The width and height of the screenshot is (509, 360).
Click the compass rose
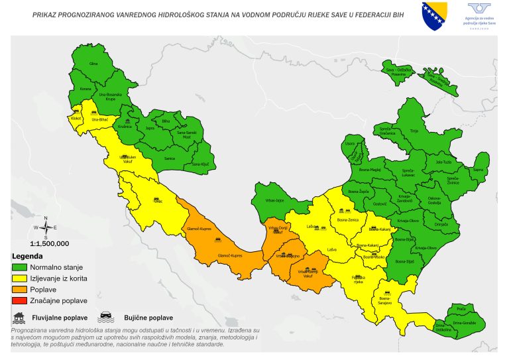point(45,227)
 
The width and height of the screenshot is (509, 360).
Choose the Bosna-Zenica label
point(347,218)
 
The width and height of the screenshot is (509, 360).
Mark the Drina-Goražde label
point(464,323)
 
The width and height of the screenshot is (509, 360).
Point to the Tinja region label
point(415,131)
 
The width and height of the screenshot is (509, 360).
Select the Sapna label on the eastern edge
point(477,169)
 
